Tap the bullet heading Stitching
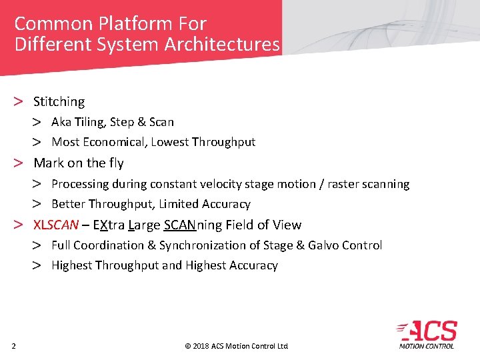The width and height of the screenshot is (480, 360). tap(59, 102)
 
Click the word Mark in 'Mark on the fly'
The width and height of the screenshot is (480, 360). tap(47, 163)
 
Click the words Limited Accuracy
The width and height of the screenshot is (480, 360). tap(205, 204)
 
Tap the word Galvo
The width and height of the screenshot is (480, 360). tap(323, 245)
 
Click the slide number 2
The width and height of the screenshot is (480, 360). tap(13, 345)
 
